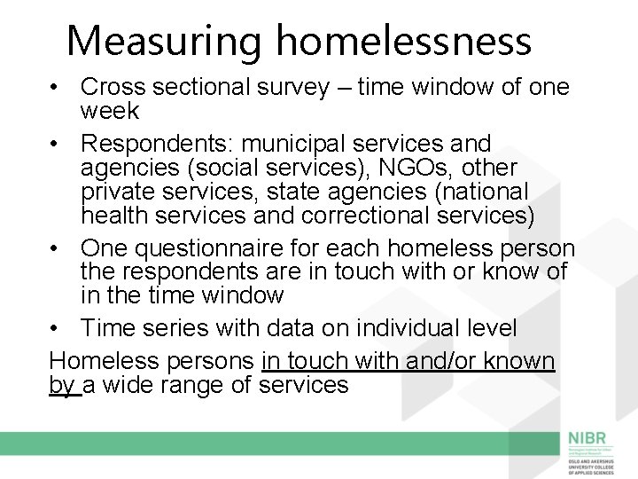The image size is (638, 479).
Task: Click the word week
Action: pyautogui.click(x=109, y=111)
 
